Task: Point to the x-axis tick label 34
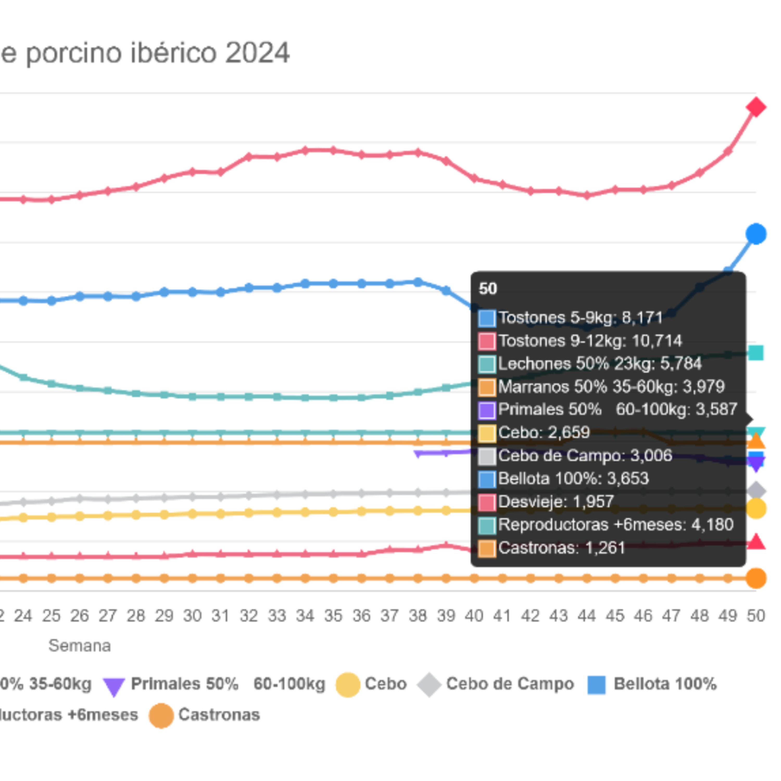[305, 616]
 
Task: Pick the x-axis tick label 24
[23, 616]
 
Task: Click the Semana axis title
[80, 646]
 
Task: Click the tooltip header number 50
[488, 289]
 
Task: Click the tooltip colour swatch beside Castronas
[487, 549]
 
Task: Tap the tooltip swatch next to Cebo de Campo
[487, 456]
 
